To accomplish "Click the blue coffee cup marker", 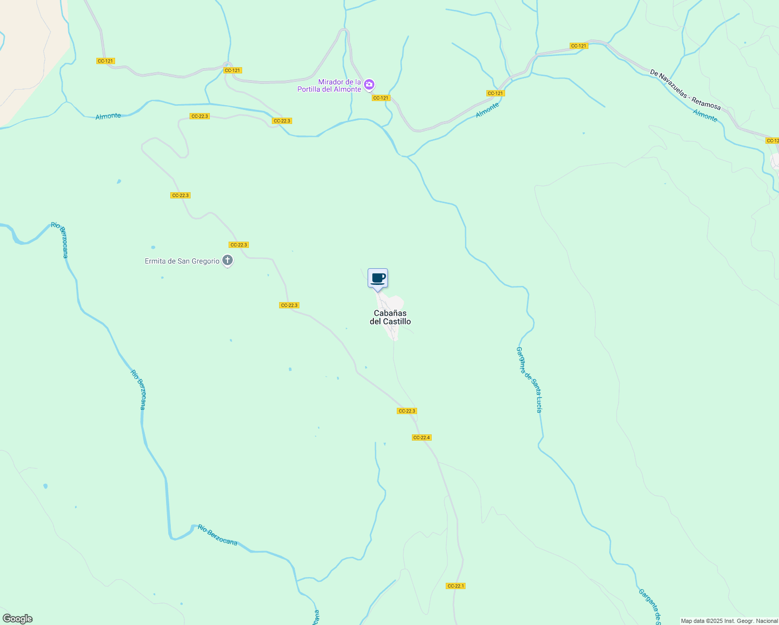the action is pyautogui.click(x=378, y=278).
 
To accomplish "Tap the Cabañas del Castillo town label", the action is pyautogui.click(x=390, y=317).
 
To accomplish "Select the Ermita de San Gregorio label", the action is pyautogui.click(x=182, y=261).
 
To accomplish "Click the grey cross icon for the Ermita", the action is pyautogui.click(x=228, y=260).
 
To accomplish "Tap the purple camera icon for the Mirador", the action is pyautogui.click(x=369, y=84).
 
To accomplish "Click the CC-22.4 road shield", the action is pyautogui.click(x=421, y=438).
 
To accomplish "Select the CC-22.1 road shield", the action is pyautogui.click(x=456, y=586).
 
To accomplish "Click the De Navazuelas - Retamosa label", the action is pyautogui.click(x=685, y=90).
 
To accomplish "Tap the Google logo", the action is pyautogui.click(x=17, y=619).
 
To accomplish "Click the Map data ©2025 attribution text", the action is pyautogui.click(x=730, y=621).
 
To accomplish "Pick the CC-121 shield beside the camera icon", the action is pyautogui.click(x=381, y=98).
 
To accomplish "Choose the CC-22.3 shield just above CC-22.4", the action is pyautogui.click(x=407, y=411).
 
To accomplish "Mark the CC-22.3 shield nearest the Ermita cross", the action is pyautogui.click(x=238, y=245).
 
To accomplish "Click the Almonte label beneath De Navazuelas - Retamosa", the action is pyautogui.click(x=705, y=116).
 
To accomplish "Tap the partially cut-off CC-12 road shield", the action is pyautogui.click(x=772, y=141).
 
